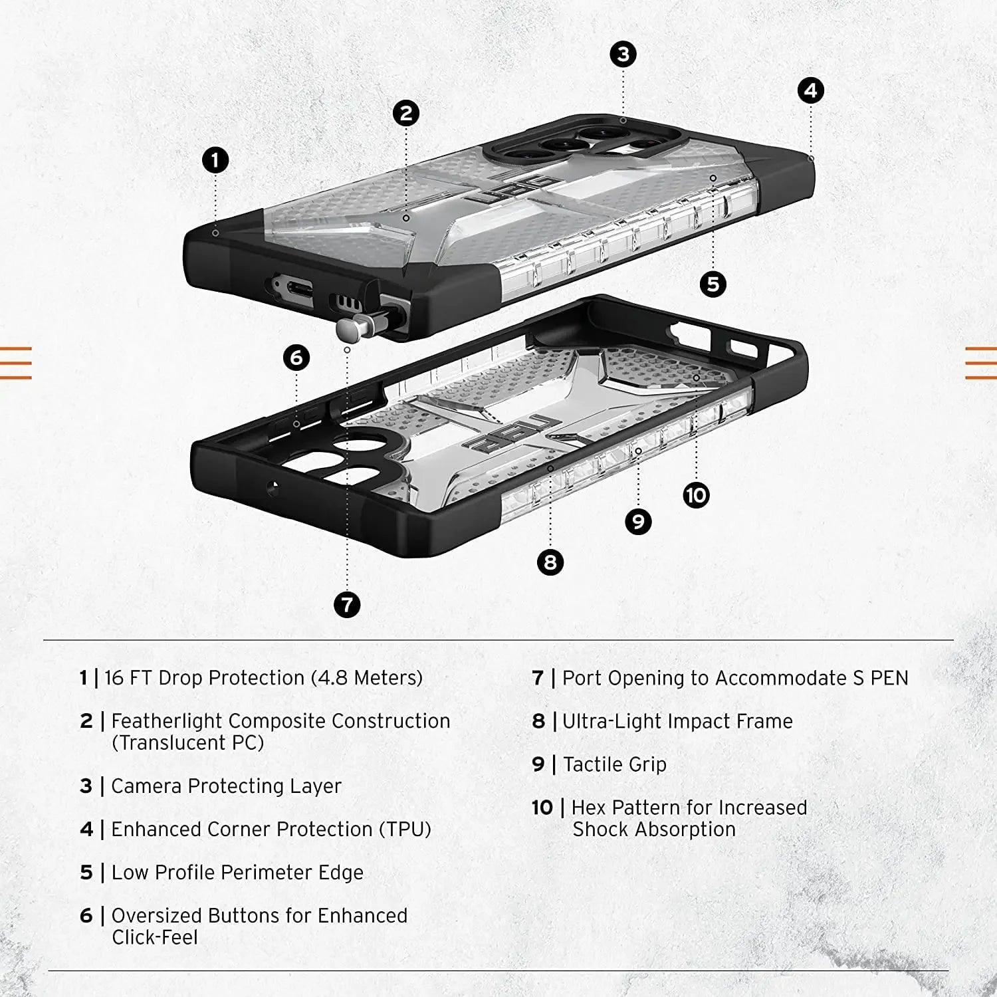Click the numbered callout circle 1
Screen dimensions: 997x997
coord(215,160)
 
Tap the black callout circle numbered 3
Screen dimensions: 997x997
coord(623,55)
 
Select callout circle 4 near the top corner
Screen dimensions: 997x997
coord(810,91)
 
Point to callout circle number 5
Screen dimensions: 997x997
coord(713,284)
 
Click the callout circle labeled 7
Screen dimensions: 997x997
coord(347,605)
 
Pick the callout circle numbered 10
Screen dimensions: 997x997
coord(696,495)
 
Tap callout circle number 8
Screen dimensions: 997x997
coord(550,562)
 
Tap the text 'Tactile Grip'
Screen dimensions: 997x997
coord(614,764)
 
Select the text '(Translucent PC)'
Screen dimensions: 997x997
coord(187,742)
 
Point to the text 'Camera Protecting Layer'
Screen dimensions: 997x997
coord(226,786)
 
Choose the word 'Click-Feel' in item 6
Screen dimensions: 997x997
coord(154,937)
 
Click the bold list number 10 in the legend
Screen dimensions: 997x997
coord(542,808)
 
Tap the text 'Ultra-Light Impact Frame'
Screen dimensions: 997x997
coord(677,721)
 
